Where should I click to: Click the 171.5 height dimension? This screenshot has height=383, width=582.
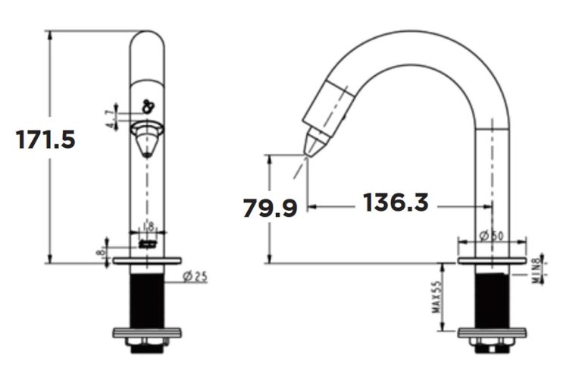pos(46,140)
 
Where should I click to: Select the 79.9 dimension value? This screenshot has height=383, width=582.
pos(270,207)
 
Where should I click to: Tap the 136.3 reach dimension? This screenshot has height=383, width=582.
pos(396,202)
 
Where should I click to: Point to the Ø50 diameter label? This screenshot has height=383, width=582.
pos(493,235)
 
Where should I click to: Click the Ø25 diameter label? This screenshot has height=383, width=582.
pos(195,277)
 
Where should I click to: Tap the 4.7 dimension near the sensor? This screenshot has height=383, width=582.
pos(111,118)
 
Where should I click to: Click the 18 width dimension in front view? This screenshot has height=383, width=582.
pos(148,226)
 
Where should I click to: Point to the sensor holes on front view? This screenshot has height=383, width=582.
pos(148,107)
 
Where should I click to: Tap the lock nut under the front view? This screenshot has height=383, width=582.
pos(146,348)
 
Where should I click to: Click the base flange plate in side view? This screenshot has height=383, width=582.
pos(493,262)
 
